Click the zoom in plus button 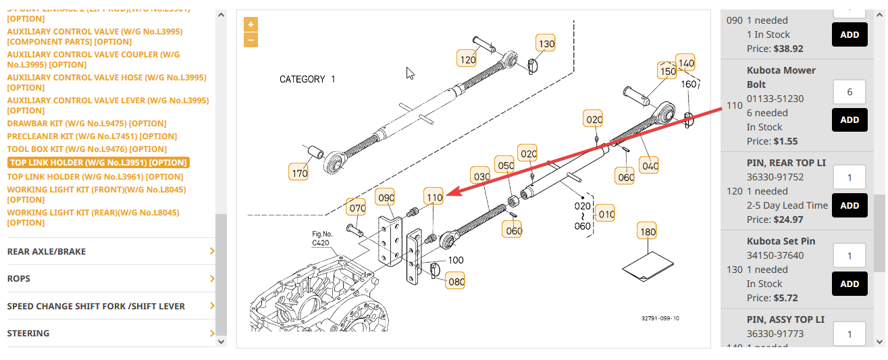click(251, 24)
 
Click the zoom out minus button click(251, 40)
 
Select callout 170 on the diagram click(298, 173)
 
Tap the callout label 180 click(648, 232)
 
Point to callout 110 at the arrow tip click(434, 197)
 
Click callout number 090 click(386, 198)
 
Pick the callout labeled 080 click(456, 282)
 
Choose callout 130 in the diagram click(546, 44)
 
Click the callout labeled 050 click(505, 166)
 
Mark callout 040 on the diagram click(650, 165)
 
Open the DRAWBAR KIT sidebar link click(86, 124)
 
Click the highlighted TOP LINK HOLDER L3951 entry click(99, 163)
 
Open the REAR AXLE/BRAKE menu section click(47, 251)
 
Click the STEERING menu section click(28, 333)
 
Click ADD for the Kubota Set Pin click(849, 284)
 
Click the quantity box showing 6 click(849, 92)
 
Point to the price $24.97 click(788, 220)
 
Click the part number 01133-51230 click(775, 99)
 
